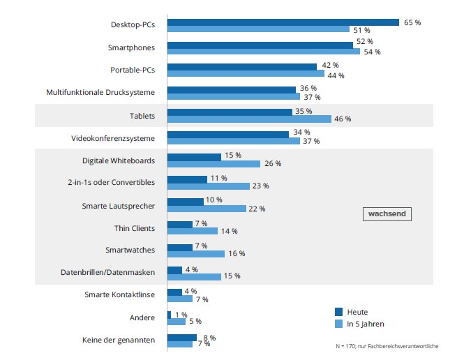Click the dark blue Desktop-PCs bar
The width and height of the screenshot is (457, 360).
coord(283,22)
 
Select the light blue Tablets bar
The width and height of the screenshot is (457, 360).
coord(249,119)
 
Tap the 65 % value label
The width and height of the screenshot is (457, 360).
coord(412,22)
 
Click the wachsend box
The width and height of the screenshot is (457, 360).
coord(387,214)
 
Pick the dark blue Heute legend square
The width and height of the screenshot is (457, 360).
coord(338,312)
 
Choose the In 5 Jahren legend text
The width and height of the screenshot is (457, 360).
coord(366,324)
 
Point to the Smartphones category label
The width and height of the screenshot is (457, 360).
coord(131,47)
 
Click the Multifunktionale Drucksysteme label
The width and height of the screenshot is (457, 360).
coord(100,92)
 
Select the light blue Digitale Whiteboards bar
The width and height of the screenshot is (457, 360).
coord(213,164)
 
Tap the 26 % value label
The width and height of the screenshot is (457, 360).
coord(273,163)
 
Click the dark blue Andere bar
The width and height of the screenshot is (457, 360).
coord(169,315)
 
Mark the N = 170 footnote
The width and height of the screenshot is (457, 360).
coord(387,346)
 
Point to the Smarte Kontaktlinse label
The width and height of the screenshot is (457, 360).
coord(119,294)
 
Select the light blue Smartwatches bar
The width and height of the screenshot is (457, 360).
coord(196,254)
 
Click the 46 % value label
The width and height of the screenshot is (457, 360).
coord(343,119)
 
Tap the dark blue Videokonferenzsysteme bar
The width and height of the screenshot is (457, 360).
coord(228,135)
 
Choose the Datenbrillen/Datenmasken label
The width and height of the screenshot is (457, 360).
coord(108,272)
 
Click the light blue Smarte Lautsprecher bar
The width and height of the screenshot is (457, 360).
coord(207,209)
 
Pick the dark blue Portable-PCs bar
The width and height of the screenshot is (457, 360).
coord(242,67)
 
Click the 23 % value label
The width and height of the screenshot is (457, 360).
coord(260,186)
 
